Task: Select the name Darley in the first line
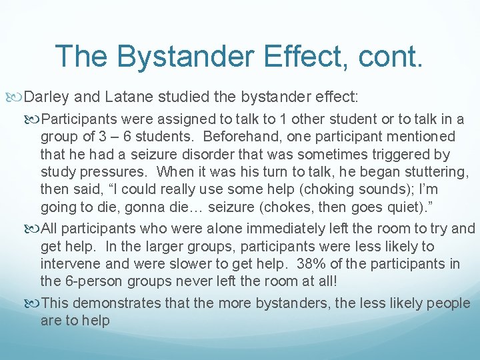click(47, 98)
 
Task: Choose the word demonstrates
click(125, 303)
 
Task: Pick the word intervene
click(69, 265)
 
